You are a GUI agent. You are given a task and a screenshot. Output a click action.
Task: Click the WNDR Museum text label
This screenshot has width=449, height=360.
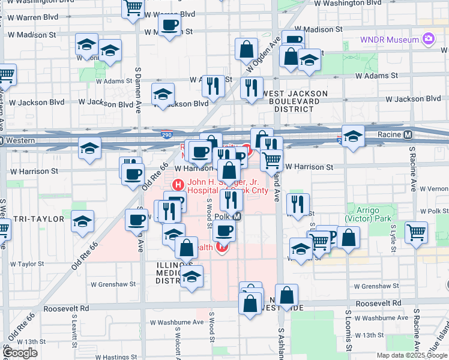388,40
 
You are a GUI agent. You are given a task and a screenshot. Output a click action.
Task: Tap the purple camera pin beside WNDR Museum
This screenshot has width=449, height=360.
429,40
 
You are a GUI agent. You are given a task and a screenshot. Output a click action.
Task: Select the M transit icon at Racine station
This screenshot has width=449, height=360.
408,135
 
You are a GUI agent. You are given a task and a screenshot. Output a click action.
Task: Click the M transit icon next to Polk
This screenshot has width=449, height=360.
237,217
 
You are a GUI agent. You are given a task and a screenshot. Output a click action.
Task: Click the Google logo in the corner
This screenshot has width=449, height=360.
20,353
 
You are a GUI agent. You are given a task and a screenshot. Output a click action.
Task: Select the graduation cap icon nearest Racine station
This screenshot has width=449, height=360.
354,137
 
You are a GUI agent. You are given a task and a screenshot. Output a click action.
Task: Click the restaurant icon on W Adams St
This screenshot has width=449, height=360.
213,86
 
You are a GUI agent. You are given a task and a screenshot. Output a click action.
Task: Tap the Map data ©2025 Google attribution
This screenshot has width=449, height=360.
412,355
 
